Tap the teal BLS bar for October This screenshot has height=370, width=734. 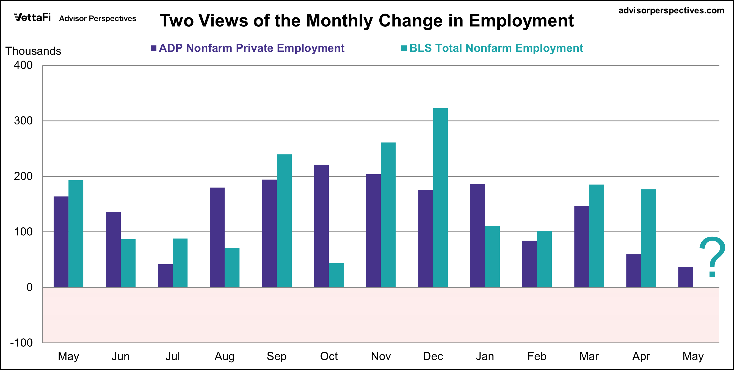point(336,275)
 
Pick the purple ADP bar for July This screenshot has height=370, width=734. point(165,276)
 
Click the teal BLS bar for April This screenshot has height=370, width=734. point(649,238)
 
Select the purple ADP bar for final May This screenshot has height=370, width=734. point(685,277)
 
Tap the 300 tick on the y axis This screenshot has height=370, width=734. point(23,121)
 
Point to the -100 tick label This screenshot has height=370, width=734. point(22,343)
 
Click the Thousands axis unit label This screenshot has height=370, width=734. point(33,51)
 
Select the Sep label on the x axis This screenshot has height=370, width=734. point(276,356)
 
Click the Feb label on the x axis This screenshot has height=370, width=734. point(537,356)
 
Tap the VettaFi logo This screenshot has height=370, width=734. point(32,18)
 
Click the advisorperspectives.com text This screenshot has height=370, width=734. point(671,10)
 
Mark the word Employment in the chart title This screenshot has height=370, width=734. point(521,21)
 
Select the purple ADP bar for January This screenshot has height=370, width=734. point(477,236)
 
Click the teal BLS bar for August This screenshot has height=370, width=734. point(232,268)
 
